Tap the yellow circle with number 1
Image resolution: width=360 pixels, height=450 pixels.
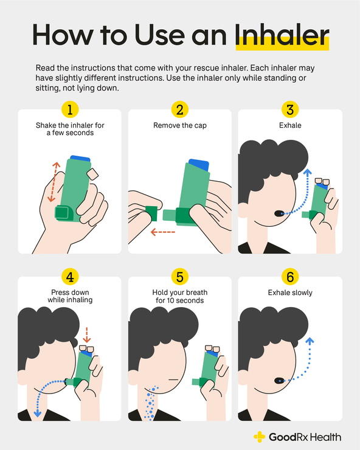point(71,110)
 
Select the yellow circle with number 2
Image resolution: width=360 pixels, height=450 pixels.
point(179,110)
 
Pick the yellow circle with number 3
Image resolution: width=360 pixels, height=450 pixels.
point(289,110)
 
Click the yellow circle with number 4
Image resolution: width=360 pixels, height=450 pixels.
point(71,277)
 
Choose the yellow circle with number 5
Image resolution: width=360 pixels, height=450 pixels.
point(179,277)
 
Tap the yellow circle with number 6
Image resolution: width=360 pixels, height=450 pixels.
point(289,277)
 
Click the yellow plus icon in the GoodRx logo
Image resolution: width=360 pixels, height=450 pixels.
point(260,437)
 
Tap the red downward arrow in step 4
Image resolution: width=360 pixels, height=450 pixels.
point(86,334)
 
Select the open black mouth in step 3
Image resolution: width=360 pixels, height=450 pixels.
point(279,213)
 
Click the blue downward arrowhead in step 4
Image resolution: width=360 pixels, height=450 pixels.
point(38,414)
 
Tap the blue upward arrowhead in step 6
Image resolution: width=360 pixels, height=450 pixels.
point(309,342)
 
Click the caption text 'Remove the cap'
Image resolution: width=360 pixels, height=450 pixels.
point(179,126)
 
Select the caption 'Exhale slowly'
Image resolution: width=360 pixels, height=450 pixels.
point(289,293)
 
